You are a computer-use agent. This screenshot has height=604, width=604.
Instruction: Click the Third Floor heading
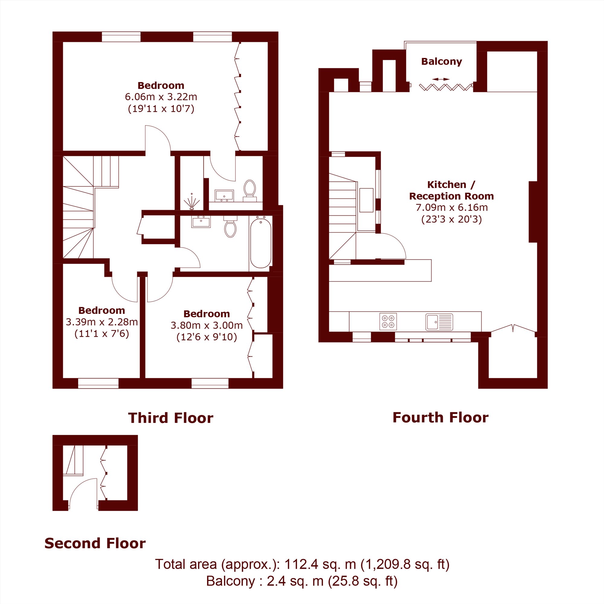pos(171,418)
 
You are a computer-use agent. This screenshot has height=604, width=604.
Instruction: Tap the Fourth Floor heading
pos(441,418)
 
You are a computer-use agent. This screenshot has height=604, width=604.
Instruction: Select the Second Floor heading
pos(95,543)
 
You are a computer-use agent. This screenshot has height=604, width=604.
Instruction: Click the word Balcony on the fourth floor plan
pos(442,61)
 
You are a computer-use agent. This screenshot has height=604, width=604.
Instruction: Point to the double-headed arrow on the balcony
pos(442,79)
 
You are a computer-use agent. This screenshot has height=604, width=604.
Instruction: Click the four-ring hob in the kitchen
pos(388,322)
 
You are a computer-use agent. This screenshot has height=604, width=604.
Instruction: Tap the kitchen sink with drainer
pos(439,322)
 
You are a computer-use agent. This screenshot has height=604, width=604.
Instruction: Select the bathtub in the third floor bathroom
pos(261,243)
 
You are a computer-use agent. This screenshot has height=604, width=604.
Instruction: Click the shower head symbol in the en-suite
pos(192,202)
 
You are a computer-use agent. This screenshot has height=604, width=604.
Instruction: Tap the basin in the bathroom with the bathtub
pos(201,222)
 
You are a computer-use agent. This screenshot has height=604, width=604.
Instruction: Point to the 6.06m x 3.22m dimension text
pos(161,97)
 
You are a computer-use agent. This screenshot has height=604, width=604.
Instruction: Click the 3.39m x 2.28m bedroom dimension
pos(101,322)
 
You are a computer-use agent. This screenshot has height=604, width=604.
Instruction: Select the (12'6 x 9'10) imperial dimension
pos(207,337)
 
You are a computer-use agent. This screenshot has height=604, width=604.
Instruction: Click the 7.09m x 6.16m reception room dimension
pos(451,207)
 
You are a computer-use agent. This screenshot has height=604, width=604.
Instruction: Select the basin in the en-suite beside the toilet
pos(224,195)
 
